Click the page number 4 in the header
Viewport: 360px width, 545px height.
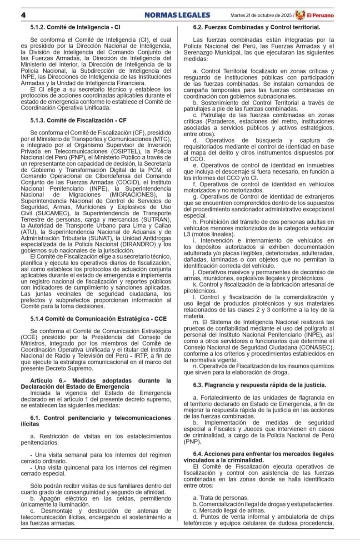tap(23, 15)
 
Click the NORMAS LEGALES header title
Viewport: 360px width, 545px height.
tap(177, 15)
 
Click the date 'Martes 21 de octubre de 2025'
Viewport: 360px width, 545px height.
tap(262, 15)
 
